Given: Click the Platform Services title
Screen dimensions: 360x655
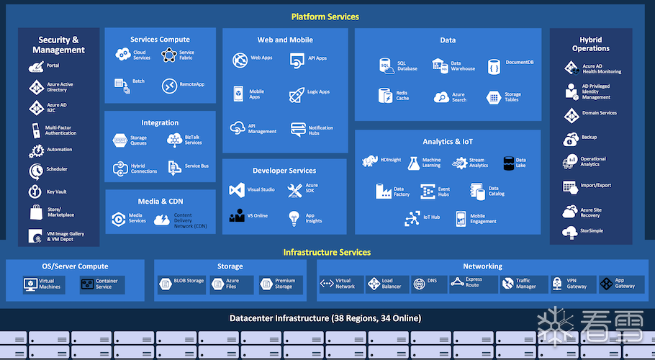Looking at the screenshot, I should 325,17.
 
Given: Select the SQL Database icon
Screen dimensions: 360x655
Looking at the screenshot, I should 386,66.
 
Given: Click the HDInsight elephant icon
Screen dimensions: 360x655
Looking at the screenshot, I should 371,161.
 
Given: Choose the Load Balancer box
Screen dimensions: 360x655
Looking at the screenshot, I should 387,284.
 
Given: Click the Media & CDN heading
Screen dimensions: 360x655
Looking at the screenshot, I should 161,202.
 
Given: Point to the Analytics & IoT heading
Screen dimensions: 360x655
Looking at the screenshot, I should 448,142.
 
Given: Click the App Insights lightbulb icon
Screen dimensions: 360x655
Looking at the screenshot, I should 294,217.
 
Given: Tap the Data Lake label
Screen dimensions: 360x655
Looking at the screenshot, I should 520,163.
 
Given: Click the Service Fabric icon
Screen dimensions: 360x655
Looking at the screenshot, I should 168,55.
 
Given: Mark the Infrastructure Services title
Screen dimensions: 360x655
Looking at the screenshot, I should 327,252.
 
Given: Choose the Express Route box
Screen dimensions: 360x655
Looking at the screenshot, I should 469,284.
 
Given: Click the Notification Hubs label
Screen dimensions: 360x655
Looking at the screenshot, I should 320,130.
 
